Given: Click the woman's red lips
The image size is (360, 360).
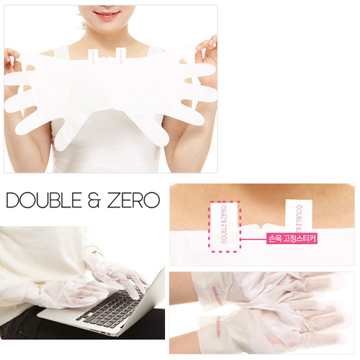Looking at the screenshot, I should click(x=107, y=14).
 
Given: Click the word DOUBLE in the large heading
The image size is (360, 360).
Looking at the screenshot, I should click(x=45, y=199).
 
